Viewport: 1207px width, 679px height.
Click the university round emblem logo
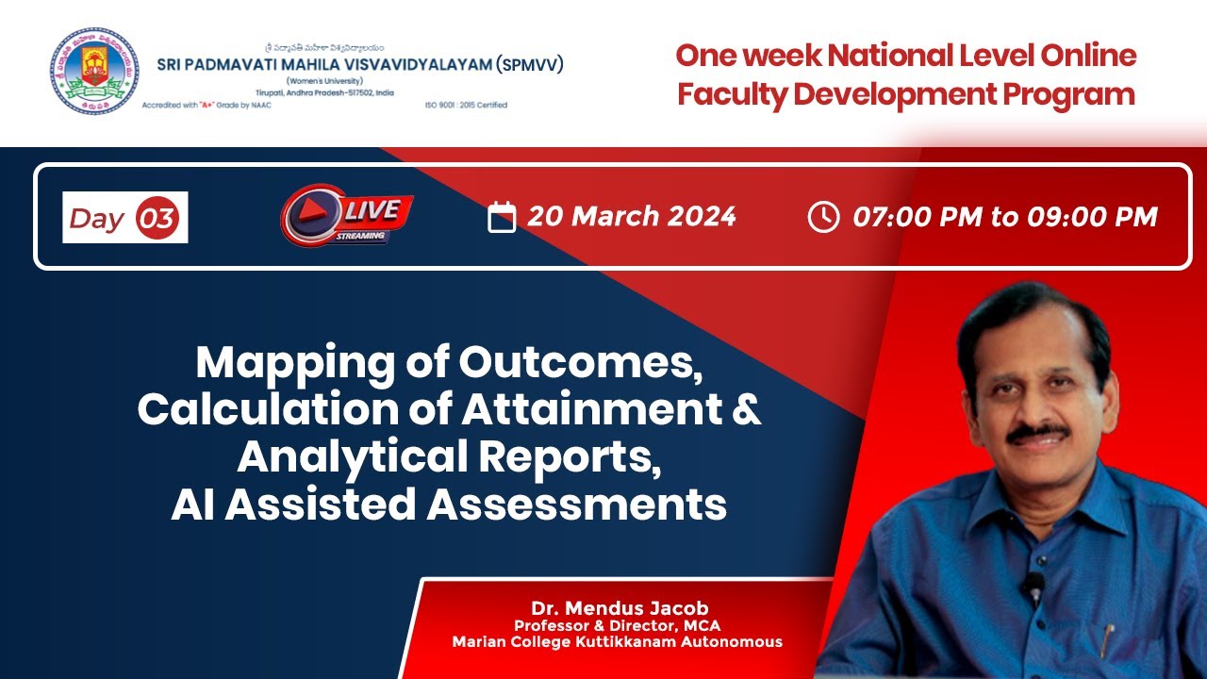tap(93, 71)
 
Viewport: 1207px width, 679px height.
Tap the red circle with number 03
tap(157, 218)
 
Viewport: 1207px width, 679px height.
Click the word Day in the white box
tap(97, 219)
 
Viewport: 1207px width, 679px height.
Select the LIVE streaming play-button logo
tap(346, 218)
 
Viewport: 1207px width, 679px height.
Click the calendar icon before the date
tap(502, 217)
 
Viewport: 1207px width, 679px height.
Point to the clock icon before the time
tap(823, 217)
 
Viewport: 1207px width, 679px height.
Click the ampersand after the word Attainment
tap(747, 410)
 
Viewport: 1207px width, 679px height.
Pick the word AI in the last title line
tap(193, 505)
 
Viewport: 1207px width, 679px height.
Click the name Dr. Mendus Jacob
tap(618, 607)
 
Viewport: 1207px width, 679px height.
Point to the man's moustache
tap(1037, 432)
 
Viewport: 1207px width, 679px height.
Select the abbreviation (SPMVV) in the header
tap(529, 64)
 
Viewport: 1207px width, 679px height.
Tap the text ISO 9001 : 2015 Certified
tap(466, 105)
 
